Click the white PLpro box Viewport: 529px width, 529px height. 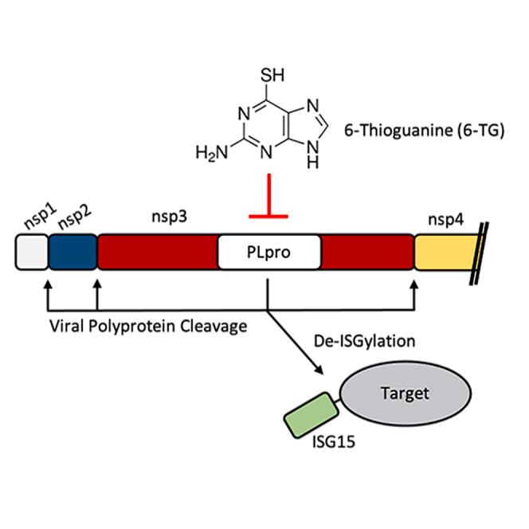270,254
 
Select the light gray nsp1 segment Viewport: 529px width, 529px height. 32,254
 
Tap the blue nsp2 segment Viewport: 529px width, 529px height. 72,254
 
